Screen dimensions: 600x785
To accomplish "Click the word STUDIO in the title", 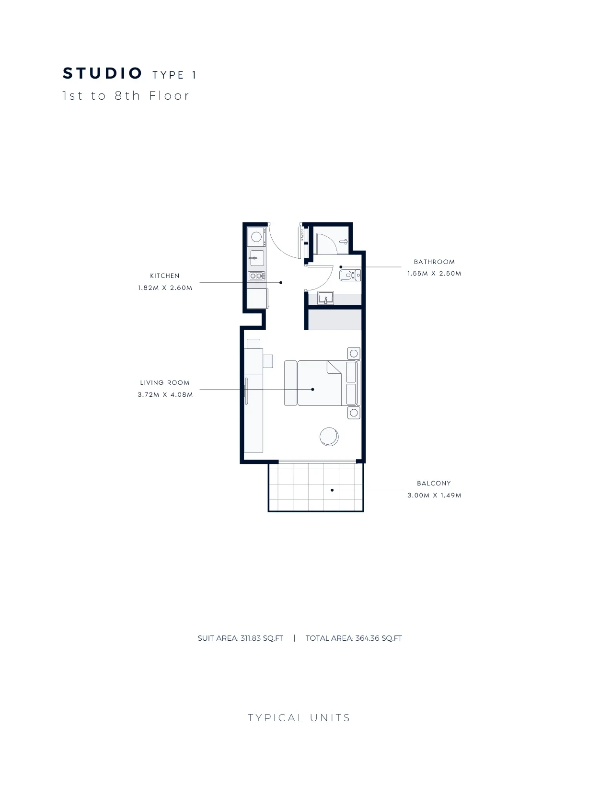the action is pos(102,73).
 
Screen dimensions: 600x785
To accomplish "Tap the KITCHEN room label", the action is pos(165,276).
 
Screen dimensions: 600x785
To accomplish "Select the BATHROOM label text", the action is pos(434,262).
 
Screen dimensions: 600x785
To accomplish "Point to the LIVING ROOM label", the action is pos(165,382).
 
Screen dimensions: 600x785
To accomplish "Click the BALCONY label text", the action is pos(434,483).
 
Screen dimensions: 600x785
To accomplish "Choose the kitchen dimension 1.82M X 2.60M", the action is pos(165,288).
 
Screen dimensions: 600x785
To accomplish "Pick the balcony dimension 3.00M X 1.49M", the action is pos(435,496).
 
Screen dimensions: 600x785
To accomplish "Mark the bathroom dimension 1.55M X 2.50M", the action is pos(435,274).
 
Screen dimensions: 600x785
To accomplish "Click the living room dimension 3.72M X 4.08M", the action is pos(165,395).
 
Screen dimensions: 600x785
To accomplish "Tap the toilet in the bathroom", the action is pos(350,276).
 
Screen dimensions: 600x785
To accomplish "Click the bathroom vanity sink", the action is pos(326,298).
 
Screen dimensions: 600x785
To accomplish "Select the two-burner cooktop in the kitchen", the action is pos(256,276).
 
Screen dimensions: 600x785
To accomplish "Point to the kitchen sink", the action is pos(257,258).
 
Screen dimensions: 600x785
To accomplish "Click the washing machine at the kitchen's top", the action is pos(256,237).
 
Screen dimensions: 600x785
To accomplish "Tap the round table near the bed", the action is pos(329,437).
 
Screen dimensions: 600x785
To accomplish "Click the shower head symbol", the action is pos(344,242).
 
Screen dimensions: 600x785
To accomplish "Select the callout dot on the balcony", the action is pos(332,490).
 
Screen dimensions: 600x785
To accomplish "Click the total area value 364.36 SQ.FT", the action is pos(379,638).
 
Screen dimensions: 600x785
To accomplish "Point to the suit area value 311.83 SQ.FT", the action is pos(262,638).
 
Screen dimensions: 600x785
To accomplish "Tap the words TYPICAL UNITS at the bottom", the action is pos(300,718).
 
